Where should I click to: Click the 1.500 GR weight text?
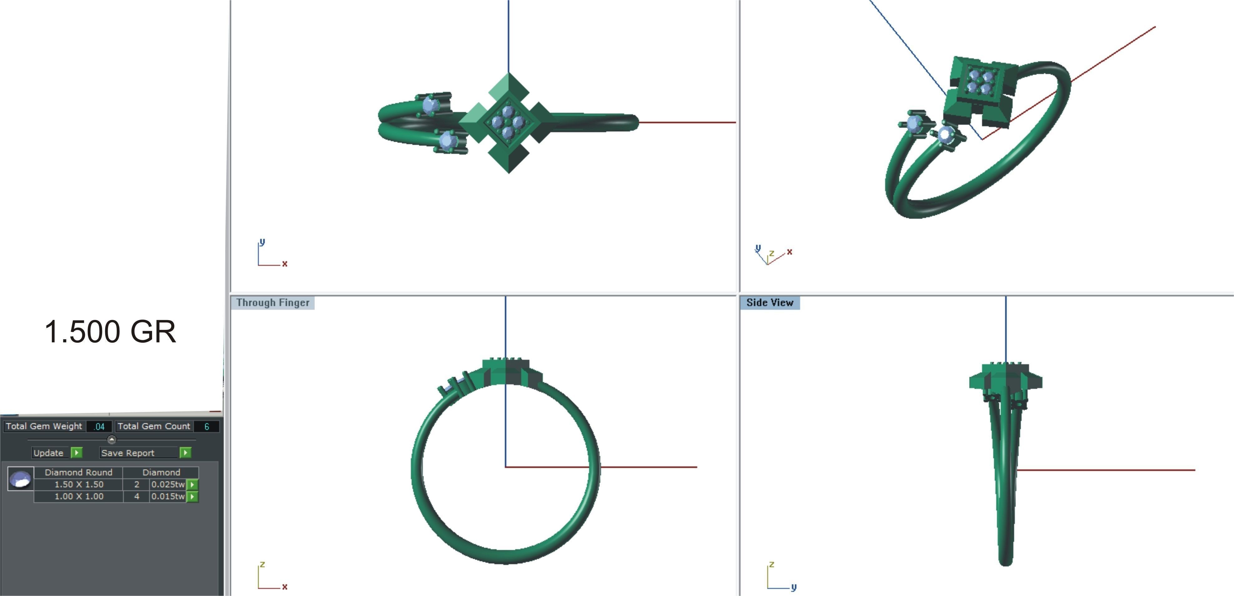click(x=111, y=331)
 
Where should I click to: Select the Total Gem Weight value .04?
click(x=99, y=426)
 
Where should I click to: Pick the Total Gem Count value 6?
click(x=206, y=426)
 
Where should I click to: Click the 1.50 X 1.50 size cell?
click(x=79, y=484)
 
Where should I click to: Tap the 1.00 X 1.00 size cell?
click(x=79, y=496)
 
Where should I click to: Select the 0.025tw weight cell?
click(x=168, y=484)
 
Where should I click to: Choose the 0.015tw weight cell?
click(x=168, y=496)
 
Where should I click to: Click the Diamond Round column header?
click(x=79, y=472)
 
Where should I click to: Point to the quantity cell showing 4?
click(x=136, y=496)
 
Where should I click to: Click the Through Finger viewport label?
click(x=273, y=303)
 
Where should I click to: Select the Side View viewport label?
click(x=769, y=303)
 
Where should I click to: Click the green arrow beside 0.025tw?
click(x=192, y=484)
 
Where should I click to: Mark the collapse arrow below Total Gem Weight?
click(x=111, y=439)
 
